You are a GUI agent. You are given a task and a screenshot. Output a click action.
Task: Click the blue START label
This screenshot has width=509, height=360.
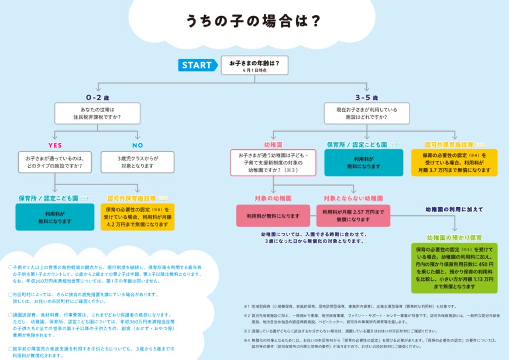[x=197, y=65]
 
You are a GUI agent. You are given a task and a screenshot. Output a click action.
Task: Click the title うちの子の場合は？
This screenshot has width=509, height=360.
[x=253, y=22]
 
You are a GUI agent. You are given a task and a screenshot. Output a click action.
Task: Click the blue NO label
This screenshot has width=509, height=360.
[x=137, y=144]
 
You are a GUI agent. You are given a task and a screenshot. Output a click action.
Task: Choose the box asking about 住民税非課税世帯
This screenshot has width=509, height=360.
[x=97, y=114]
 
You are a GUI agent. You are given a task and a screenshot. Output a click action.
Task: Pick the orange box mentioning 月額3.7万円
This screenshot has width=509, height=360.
[x=459, y=163]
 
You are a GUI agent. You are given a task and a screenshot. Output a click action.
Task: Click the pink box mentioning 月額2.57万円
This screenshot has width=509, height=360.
[x=353, y=215]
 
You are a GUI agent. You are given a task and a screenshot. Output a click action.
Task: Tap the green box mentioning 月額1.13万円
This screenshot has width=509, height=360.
[x=454, y=268]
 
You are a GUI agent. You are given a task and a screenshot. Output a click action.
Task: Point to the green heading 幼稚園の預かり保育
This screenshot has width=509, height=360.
[x=454, y=238]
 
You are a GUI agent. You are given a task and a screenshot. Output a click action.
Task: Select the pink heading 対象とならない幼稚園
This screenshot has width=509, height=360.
[x=353, y=198]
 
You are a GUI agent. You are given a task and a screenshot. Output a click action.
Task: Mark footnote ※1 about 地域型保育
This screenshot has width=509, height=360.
[x=351, y=306]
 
